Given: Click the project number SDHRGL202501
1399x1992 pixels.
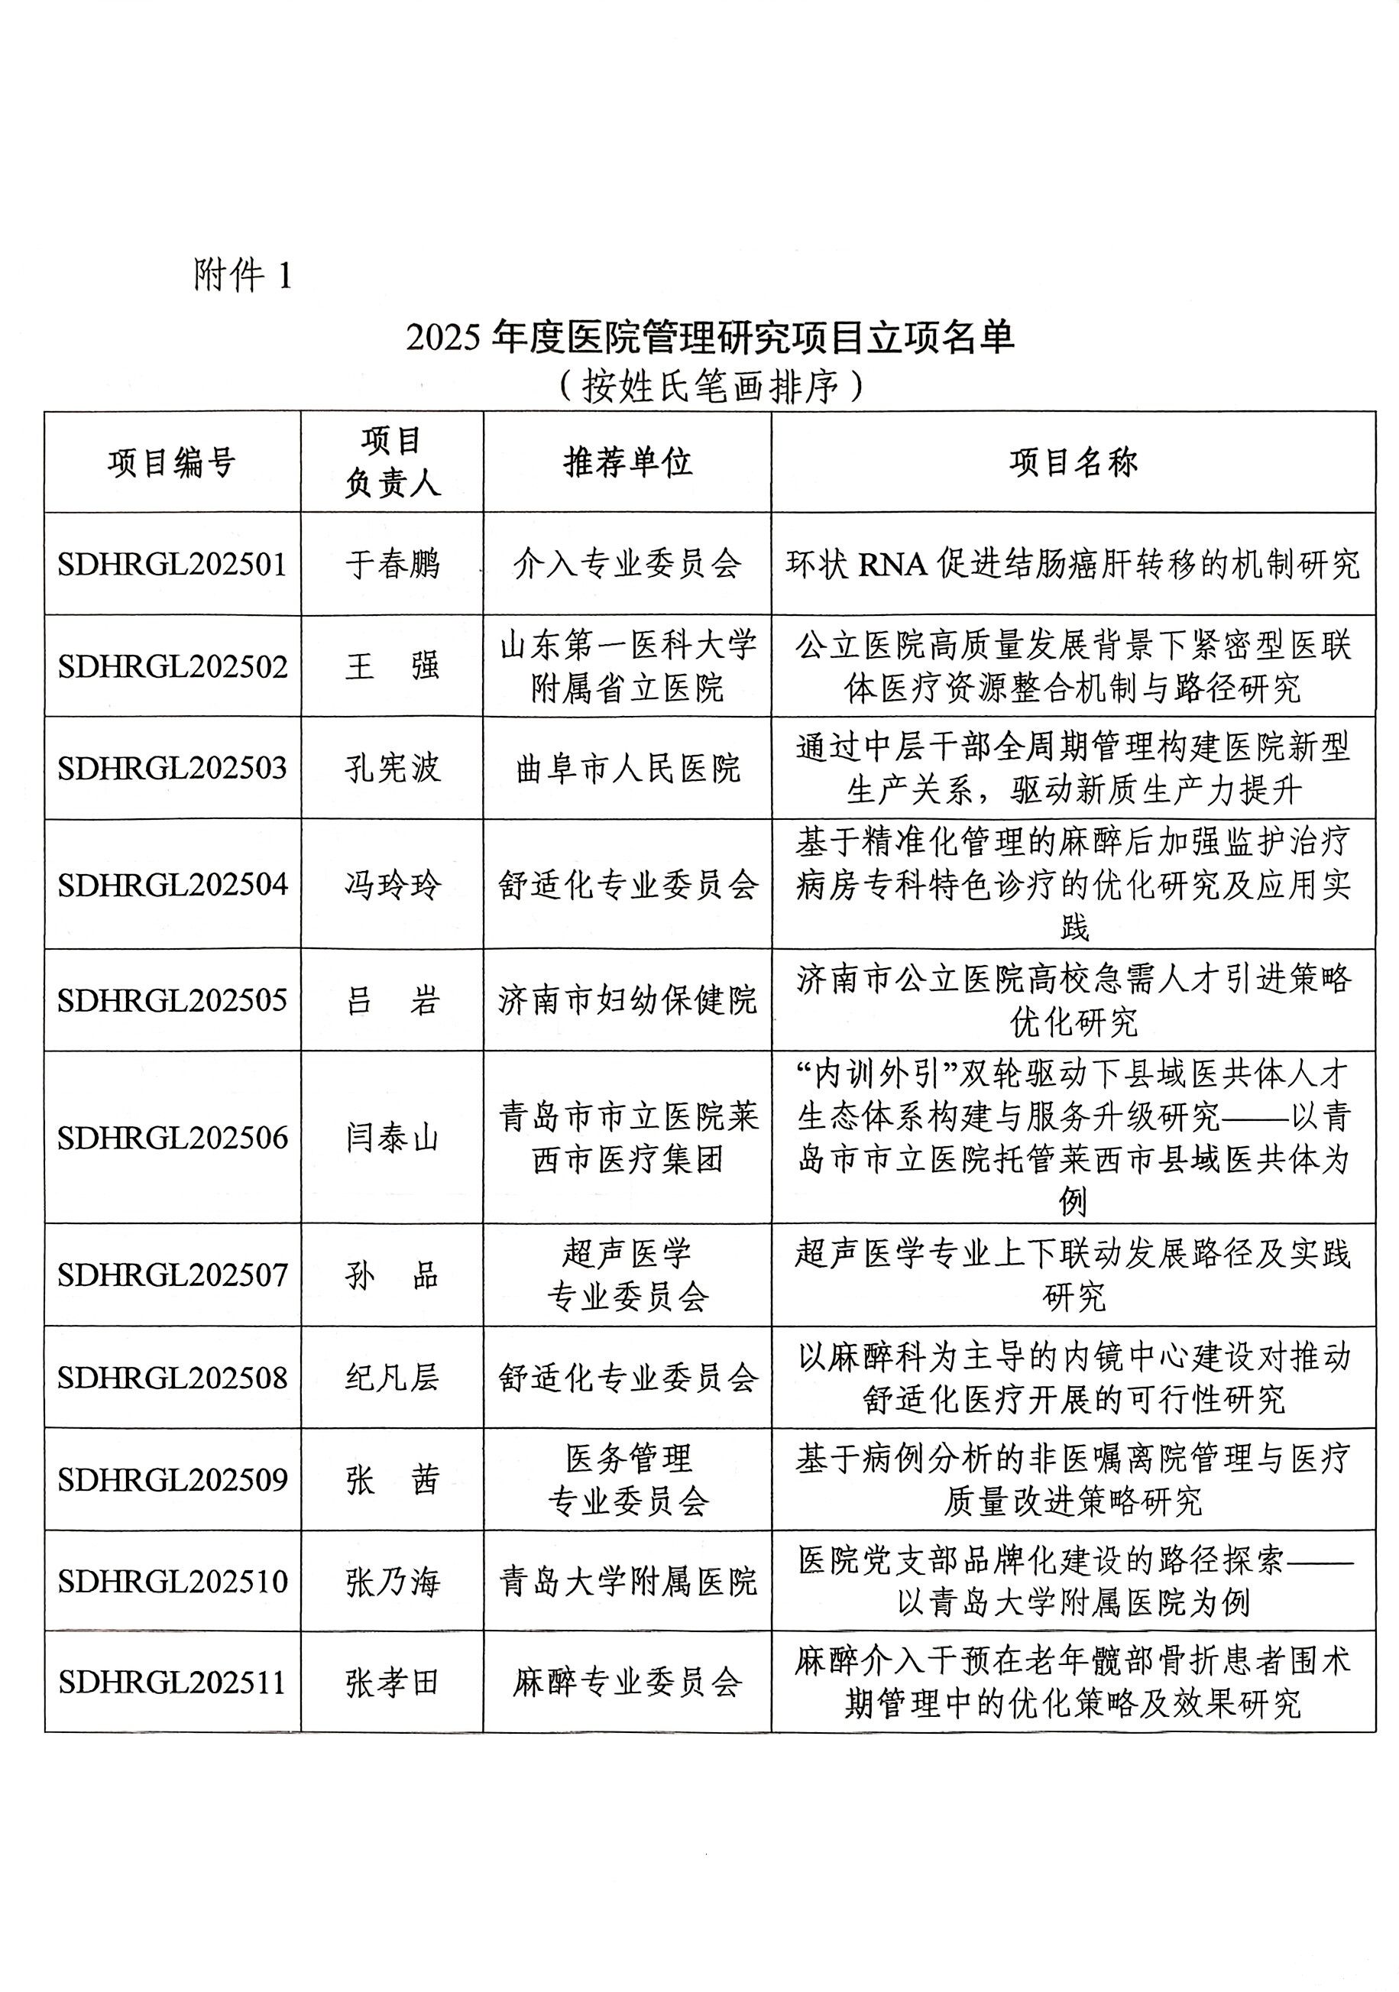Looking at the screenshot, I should click(172, 565).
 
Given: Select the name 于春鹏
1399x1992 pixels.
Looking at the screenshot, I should click(392, 565).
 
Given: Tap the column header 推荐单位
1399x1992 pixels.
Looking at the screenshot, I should click(627, 462).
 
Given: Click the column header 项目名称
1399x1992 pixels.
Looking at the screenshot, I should click(1073, 462).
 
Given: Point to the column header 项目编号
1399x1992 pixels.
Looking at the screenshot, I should click(172, 462).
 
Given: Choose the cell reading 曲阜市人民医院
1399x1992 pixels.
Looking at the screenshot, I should click(627, 769).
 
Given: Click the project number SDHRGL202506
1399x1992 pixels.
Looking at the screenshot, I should click(172, 1138).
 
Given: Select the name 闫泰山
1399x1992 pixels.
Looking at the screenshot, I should click(392, 1138).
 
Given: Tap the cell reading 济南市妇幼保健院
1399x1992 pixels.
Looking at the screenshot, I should click(627, 1000).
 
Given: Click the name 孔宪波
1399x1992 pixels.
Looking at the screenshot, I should click(392, 769).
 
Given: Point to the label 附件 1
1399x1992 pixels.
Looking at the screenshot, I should click(243, 276).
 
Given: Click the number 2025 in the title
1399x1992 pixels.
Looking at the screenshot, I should click(442, 338).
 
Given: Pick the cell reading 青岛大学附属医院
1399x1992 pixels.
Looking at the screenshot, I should click(627, 1582).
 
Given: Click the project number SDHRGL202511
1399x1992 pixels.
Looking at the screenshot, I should click(172, 1683).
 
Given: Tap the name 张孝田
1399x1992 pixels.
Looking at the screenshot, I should click(392, 1683).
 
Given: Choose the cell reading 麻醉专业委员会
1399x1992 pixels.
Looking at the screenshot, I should click(627, 1683).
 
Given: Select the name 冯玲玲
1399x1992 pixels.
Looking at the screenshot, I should click(392, 885).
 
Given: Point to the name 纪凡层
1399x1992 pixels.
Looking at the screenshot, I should click(392, 1378).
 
